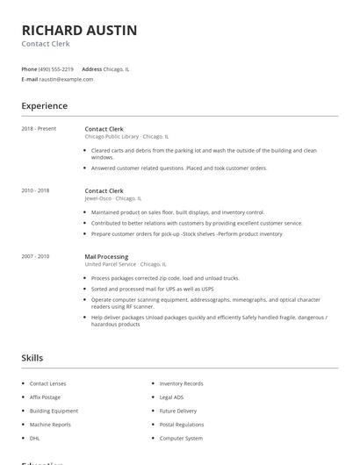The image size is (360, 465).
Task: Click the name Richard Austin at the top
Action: coord(79,30)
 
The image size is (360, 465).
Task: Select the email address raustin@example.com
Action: coord(66,79)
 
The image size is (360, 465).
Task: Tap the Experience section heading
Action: coord(44,106)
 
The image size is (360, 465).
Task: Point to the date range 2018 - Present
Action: coord(39,129)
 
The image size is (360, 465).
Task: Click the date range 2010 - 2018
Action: coord(35,190)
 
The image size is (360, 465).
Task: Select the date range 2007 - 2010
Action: coord(35,256)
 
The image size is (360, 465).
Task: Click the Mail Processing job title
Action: coord(106,256)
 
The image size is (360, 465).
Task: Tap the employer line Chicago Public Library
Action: coord(126,137)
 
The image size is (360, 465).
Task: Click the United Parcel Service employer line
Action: coord(124,264)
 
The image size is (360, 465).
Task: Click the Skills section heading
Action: coord(32,358)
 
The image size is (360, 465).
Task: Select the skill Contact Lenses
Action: coord(47,383)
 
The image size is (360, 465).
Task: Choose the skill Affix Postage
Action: coord(46,397)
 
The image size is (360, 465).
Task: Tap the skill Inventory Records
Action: coord(181,383)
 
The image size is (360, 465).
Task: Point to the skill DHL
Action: coord(34,438)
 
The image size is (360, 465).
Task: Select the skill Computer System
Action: coord(181,438)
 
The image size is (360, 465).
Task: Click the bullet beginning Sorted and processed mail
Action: coord(152,288)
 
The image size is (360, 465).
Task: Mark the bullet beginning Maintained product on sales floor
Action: coord(177,212)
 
